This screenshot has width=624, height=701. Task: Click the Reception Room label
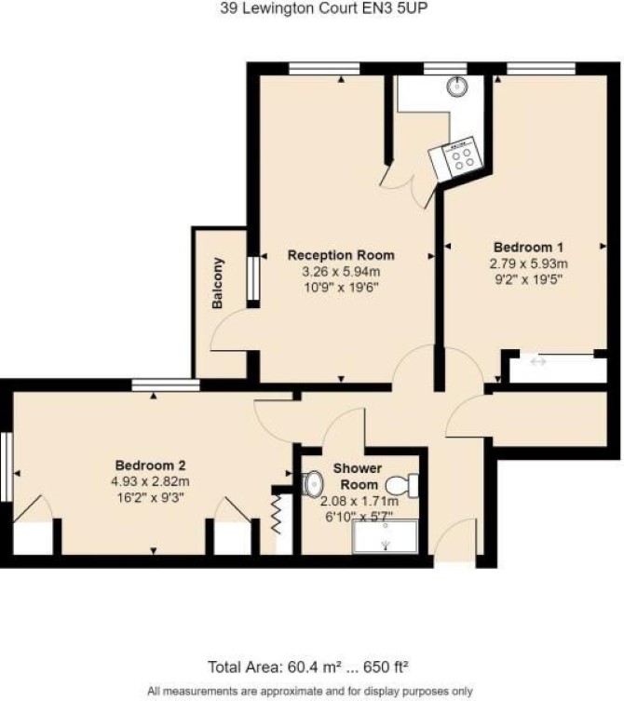(x=341, y=255)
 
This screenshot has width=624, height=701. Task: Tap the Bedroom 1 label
(x=528, y=248)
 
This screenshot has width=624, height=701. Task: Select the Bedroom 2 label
(x=150, y=465)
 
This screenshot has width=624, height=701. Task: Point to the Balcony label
(x=217, y=283)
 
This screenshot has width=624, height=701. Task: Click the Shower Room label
(x=358, y=477)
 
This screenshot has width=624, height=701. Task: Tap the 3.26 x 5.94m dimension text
(x=341, y=271)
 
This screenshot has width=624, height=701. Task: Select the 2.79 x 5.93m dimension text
(x=529, y=263)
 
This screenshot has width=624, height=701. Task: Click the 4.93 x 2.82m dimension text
(x=150, y=481)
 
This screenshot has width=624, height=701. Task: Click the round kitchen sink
(x=456, y=86)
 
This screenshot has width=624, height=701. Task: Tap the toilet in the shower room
(x=402, y=486)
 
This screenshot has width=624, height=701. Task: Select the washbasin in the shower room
(x=313, y=483)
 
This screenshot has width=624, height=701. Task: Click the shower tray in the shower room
(x=386, y=536)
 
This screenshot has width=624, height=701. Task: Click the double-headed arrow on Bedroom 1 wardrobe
(x=538, y=361)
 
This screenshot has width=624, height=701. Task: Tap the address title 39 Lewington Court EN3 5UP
(x=324, y=8)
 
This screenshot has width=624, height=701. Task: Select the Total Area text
(x=308, y=667)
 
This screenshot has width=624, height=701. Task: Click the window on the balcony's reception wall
(x=253, y=278)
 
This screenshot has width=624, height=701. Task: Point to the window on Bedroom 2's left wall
(x=6, y=466)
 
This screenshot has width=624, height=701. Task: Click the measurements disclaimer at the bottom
(x=310, y=691)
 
